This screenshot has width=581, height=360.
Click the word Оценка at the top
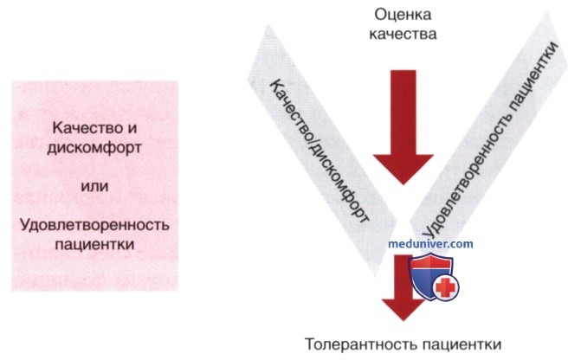(403, 15)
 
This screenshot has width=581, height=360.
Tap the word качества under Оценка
(403, 34)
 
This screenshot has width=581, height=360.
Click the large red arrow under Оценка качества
(403, 126)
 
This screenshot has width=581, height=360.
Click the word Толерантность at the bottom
(362, 344)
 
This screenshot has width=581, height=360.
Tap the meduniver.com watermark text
(430, 244)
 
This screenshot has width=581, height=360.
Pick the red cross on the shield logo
(445, 287)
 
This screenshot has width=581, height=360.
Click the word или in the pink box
(94, 185)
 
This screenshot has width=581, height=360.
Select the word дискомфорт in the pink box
(94, 148)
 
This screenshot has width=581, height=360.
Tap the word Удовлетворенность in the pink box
(94, 225)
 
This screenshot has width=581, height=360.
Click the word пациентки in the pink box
(94, 244)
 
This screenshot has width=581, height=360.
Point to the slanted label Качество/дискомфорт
(319, 151)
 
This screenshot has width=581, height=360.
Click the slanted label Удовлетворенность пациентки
(490, 138)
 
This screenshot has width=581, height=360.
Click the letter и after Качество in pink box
(132, 129)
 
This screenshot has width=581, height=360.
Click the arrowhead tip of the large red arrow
(403, 184)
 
